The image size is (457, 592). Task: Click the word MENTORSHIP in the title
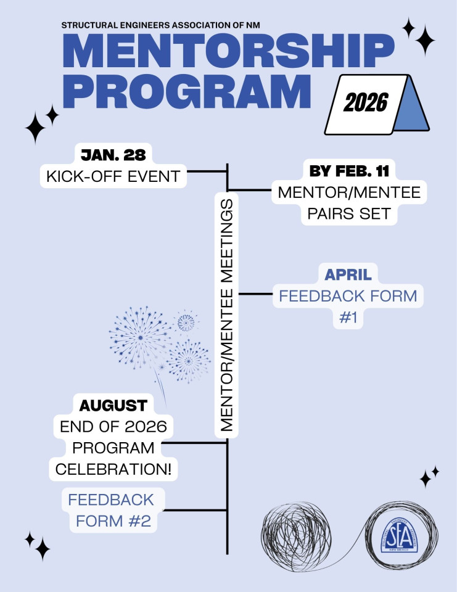click(228, 51)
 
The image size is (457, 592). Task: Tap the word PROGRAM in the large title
click(187, 91)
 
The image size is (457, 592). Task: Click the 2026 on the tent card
click(366, 102)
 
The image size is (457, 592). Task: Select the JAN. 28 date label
click(113, 155)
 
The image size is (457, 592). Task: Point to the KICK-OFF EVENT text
click(113, 176)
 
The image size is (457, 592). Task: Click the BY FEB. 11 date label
click(349, 171)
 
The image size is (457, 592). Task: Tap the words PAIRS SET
click(348, 214)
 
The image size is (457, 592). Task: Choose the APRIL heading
click(348, 274)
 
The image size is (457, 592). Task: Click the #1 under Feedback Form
click(348, 318)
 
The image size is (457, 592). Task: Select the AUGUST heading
click(113, 406)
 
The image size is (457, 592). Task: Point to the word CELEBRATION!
click(113, 469)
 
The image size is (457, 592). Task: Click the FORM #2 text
click(113, 521)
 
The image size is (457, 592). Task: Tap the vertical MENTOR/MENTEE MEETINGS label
click(226, 315)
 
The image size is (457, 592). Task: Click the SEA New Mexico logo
click(399, 535)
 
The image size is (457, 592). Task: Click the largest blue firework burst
click(141, 337)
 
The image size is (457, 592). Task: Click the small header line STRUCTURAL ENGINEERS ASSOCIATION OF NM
click(160, 25)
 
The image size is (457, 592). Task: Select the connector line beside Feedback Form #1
click(256, 294)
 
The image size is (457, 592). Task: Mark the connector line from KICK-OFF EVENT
click(207, 171)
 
